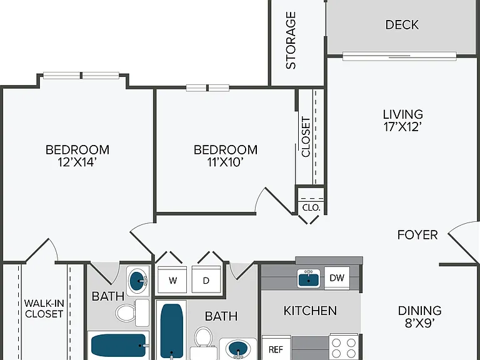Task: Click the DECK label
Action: pos(402,25)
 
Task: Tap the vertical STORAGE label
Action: pos(291,41)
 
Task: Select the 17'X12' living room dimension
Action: pos(403,127)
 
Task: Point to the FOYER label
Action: pos(417,235)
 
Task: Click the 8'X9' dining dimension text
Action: pos(420,323)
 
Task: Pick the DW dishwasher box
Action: pos(337,277)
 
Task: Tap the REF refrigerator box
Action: pos(276,348)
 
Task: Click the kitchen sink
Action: pos(309,279)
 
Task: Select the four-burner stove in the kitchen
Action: pos(344,347)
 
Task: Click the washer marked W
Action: pos(172,280)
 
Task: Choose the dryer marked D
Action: pos(206,280)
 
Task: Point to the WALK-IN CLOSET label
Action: pos(44,309)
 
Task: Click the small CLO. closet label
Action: pos(311,207)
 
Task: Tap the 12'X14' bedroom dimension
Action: pos(77,162)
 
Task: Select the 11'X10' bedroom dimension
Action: pos(225,162)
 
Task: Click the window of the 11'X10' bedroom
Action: pos(207,88)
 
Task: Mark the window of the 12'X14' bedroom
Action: pos(81,75)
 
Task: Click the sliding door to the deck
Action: pos(399,56)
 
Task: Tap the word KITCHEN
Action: pos(310,311)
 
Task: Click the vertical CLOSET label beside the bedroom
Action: pos(306,137)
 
